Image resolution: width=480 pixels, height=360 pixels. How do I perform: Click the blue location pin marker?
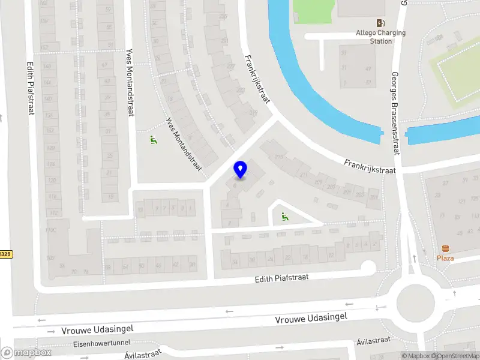pyautogui.click(x=241, y=170)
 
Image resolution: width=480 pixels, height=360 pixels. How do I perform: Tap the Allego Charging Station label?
pyautogui.click(x=381, y=37)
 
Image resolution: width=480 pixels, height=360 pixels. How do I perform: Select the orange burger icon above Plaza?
pyautogui.click(x=445, y=248)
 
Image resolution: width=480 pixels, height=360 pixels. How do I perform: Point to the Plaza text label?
pyautogui.click(x=445, y=258)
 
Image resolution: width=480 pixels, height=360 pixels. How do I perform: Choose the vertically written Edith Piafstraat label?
pyautogui.click(x=30, y=87)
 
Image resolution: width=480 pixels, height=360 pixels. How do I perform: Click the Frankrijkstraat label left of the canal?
pyautogui.click(x=256, y=79)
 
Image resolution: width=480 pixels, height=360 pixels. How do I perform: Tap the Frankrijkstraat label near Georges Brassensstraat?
pyautogui.click(x=370, y=166)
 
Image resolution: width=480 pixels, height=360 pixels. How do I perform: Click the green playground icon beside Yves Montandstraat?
pyautogui.click(x=154, y=140)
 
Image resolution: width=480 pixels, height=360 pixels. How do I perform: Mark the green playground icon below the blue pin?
pyautogui.click(x=284, y=217)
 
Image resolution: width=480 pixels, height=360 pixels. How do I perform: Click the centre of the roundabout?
pyautogui.click(x=415, y=298)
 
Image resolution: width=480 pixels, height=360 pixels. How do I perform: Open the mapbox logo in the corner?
pyautogui.click(x=26, y=353)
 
